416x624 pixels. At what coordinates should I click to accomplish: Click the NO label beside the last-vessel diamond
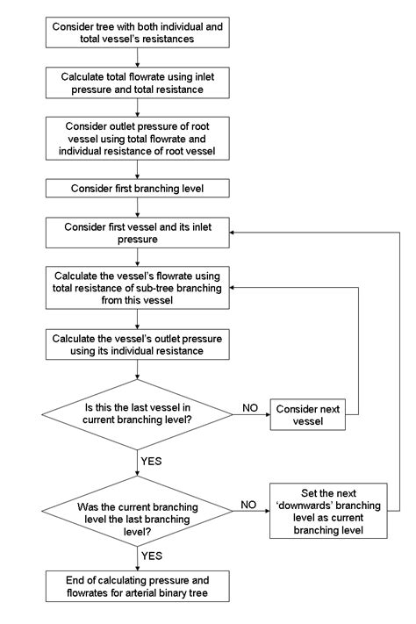point(249,407)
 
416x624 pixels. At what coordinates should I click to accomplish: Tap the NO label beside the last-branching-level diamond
point(249,506)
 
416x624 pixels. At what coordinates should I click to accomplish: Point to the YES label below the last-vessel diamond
point(151,459)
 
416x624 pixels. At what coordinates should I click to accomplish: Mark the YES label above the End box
point(151,555)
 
